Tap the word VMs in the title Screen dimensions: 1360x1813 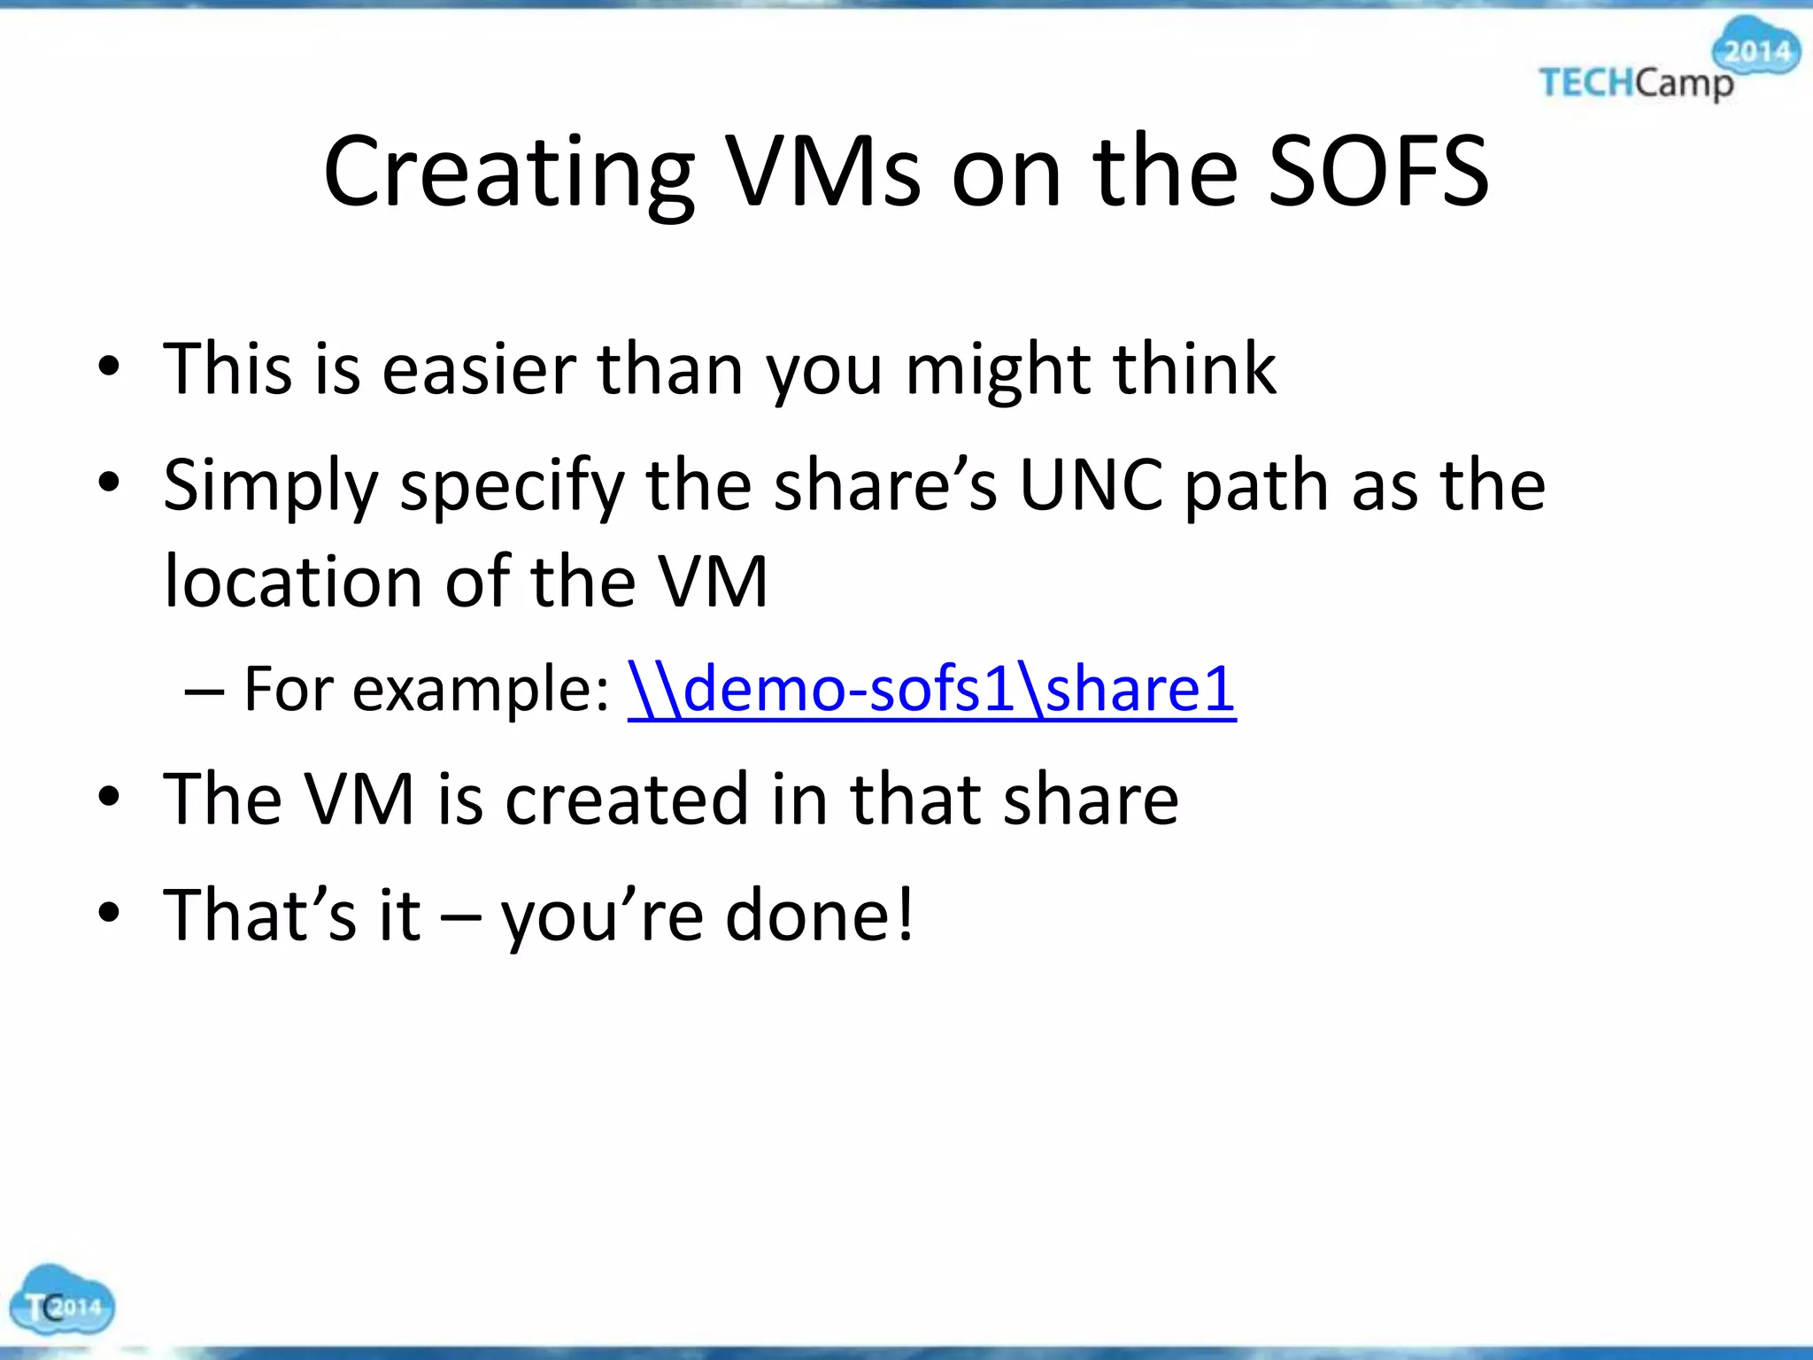pyautogui.click(x=823, y=172)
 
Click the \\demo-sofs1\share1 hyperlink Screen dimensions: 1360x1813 pyautogui.click(x=931, y=689)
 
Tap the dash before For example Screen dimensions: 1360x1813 pyautogui.click(x=204, y=691)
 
